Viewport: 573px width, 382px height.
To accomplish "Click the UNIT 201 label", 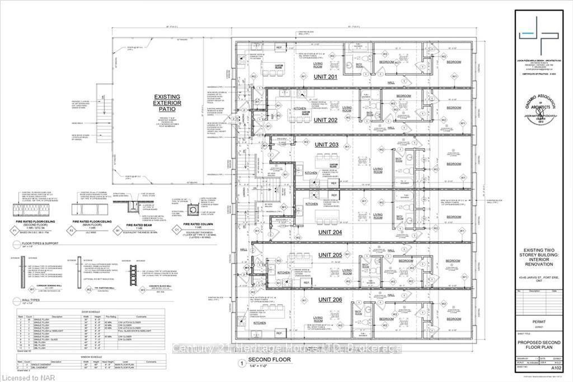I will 325,77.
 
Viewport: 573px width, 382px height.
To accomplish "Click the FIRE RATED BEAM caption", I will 133,224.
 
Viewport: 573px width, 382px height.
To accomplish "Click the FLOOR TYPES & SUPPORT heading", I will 44,244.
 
